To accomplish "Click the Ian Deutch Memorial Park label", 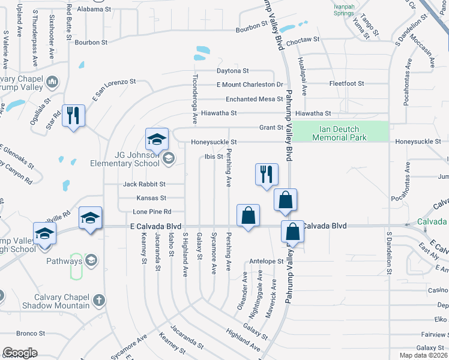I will pos(339,133).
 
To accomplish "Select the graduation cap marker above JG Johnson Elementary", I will pos(157,140).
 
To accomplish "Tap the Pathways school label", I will pos(64,261).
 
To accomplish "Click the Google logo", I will pos(20,353).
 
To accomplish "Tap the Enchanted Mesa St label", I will pos(254,99).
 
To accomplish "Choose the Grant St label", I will pos(271,127).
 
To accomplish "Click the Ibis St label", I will pos(214,157).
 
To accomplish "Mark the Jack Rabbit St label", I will pos(144,184).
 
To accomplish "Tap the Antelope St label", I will pos(267,261).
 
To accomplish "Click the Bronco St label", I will pos(31,333).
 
